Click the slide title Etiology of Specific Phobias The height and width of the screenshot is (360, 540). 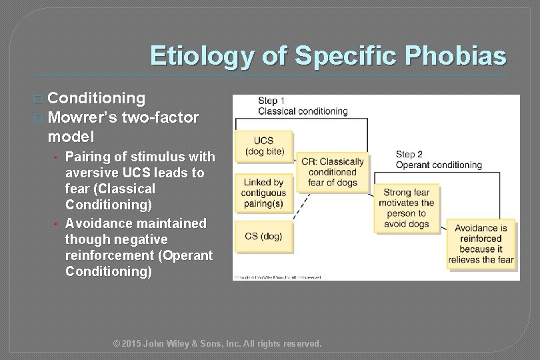328,56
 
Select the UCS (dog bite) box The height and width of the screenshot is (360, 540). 264,146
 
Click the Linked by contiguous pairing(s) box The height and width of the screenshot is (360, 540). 264,192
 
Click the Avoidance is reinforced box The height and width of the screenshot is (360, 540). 481,244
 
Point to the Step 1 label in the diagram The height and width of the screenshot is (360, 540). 272,101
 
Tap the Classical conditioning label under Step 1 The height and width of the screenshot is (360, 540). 303,111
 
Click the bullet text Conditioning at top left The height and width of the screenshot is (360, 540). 97,99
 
